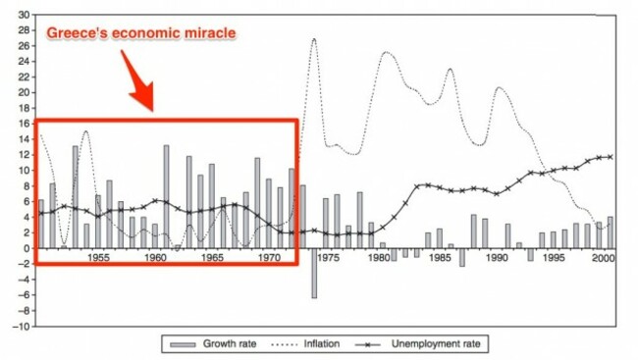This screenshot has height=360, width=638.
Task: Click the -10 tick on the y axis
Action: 22,327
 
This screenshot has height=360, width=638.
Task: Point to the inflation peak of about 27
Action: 314,39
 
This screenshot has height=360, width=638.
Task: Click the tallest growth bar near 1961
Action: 166,196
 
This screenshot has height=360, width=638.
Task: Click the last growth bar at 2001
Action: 610,232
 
